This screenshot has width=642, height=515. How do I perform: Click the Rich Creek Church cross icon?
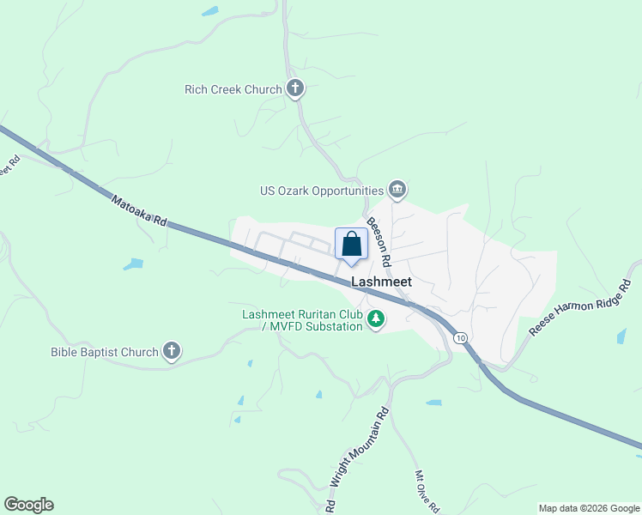tap(295, 88)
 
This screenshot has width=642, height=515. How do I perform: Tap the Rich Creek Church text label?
tap(233, 89)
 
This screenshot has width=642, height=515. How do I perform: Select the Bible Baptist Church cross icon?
tap(172, 350)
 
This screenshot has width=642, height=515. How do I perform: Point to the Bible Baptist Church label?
tap(105, 352)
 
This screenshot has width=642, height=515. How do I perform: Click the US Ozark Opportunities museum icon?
tap(397, 189)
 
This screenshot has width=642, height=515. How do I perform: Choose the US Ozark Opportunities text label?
tap(322, 191)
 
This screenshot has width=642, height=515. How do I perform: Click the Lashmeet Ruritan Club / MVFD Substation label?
tap(302, 320)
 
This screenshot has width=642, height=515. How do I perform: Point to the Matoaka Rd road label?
tap(137, 209)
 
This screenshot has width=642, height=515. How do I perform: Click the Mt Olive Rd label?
tap(427, 492)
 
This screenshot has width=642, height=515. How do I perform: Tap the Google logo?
tap(28, 505)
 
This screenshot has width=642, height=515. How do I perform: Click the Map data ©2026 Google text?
tap(588, 508)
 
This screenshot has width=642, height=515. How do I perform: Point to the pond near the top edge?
tap(209, 12)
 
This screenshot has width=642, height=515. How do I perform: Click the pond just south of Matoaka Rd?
tap(133, 264)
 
